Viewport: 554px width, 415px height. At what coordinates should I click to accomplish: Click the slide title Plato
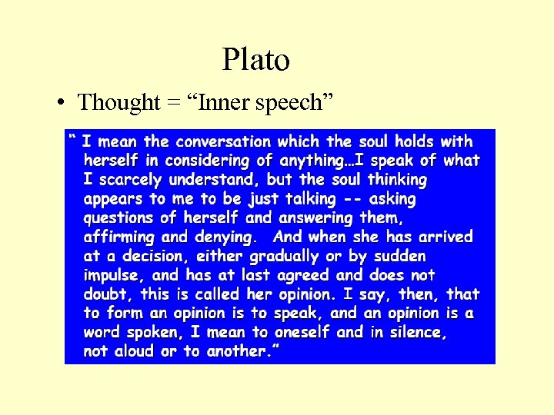[255, 59]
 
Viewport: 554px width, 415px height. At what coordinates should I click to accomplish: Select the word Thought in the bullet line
[119, 102]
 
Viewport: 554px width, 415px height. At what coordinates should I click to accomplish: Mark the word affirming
[119, 237]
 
